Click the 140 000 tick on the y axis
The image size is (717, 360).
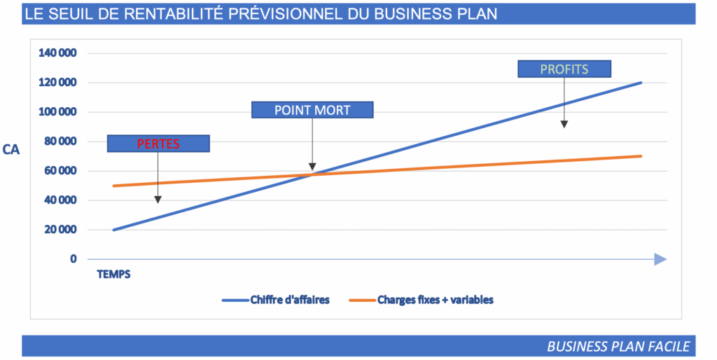click(x=58, y=53)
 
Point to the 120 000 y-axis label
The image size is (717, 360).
click(x=58, y=83)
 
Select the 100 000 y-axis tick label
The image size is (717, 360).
click(x=58, y=112)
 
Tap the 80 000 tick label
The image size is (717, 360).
click(x=61, y=141)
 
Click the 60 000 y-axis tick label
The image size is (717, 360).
click(x=61, y=171)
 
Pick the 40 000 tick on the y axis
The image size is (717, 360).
click(x=61, y=200)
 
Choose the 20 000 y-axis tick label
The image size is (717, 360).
click(x=61, y=230)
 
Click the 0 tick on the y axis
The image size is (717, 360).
click(x=73, y=259)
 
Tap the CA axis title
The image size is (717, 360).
click(x=11, y=149)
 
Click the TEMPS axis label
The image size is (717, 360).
click(x=113, y=275)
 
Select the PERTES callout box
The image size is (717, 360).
click(x=158, y=144)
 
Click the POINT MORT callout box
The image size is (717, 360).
click(x=312, y=109)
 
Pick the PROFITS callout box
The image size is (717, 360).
click(x=564, y=69)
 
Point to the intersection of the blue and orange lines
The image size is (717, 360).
click(x=312, y=174)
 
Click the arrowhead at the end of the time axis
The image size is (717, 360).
click(x=660, y=259)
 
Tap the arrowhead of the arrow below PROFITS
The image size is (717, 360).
click(x=564, y=124)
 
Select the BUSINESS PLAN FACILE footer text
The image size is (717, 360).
click(x=618, y=346)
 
